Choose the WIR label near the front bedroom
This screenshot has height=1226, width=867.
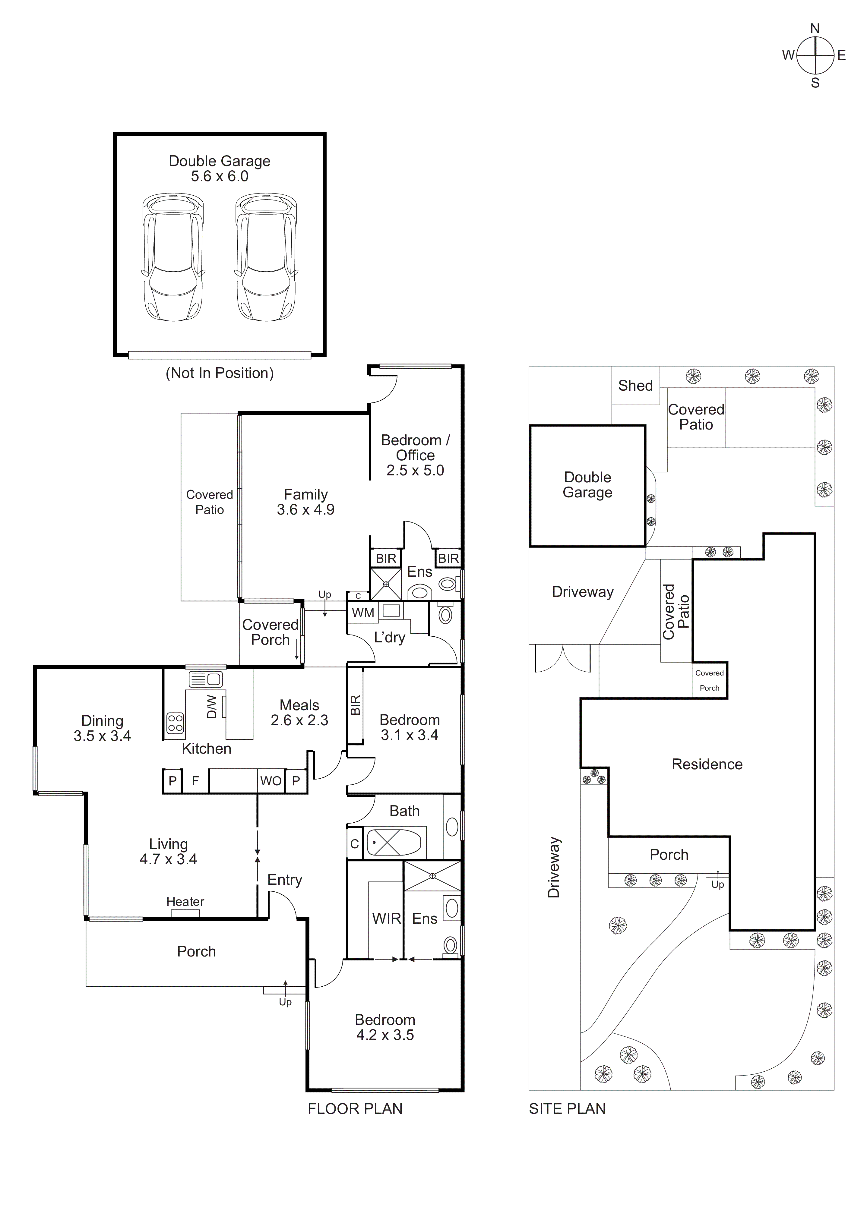(386, 919)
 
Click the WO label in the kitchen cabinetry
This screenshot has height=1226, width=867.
(271, 781)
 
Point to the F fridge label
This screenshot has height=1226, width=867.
(195, 781)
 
